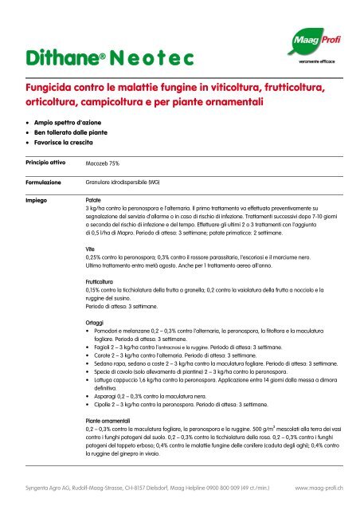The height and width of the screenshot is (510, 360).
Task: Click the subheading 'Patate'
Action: pyautogui.click(x=93, y=201)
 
